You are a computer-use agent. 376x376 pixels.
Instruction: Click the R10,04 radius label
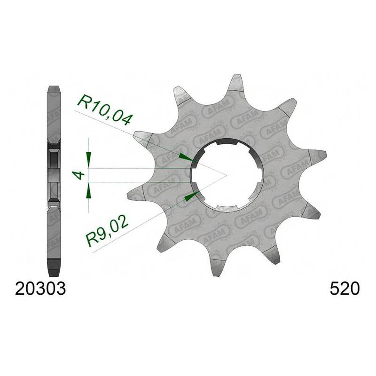coord(105,110)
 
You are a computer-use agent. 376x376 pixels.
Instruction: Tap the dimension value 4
coord(79,175)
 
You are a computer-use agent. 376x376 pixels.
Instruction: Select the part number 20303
coord(40,289)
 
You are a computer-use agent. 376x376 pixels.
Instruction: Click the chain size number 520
coord(345,289)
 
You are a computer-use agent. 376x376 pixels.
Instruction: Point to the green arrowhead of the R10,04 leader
coord(186,157)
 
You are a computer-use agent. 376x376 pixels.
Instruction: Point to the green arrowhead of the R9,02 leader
coord(191,196)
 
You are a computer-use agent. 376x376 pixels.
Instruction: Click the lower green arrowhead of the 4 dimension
coord(89,191)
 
